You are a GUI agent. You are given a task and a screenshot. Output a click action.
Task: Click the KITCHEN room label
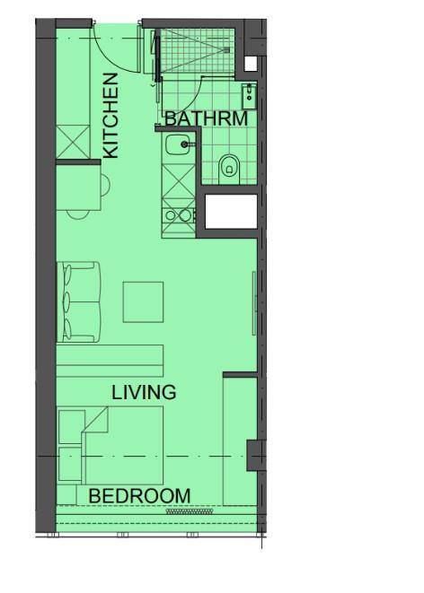click(110, 116)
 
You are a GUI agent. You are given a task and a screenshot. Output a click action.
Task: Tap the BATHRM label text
click(207, 118)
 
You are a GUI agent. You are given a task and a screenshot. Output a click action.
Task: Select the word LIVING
click(144, 392)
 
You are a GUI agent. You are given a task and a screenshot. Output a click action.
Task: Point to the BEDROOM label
click(139, 496)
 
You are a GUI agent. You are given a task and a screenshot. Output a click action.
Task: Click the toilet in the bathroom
click(229, 169)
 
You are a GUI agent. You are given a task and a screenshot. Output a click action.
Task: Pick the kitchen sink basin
click(178, 144)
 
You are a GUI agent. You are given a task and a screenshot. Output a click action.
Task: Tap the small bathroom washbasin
click(249, 96)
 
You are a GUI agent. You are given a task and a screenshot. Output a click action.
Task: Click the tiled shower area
click(197, 50)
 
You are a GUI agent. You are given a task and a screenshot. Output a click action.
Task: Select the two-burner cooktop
click(178, 215)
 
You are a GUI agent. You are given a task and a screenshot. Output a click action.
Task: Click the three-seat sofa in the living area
click(79, 301)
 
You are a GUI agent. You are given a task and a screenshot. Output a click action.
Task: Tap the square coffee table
click(143, 301)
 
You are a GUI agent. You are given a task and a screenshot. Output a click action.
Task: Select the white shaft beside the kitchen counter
click(231, 212)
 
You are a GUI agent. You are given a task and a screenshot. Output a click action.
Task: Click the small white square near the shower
click(251, 64)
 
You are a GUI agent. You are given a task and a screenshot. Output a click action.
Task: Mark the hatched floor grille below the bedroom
click(190, 511)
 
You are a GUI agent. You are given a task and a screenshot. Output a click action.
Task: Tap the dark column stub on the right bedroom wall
click(256, 456)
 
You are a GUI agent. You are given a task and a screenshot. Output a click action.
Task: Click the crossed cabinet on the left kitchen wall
click(74, 143)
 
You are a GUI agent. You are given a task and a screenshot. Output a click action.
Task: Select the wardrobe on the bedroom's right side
click(241, 441)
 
